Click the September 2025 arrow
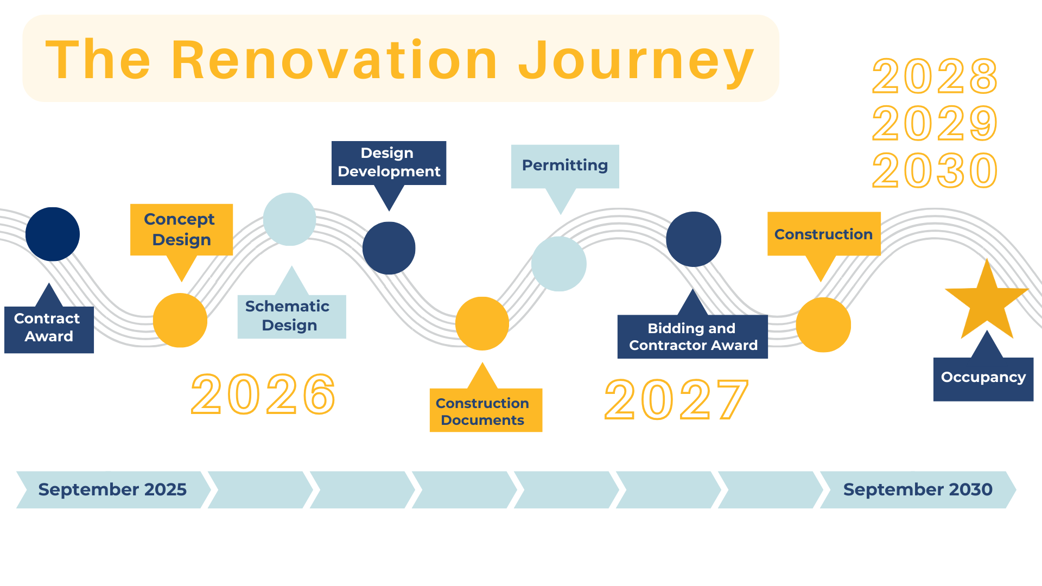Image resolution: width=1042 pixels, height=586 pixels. pyautogui.click(x=113, y=489)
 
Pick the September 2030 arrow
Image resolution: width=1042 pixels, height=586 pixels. pyautogui.click(x=918, y=489)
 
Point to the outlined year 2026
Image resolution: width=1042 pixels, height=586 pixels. pyautogui.click(x=264, y=394)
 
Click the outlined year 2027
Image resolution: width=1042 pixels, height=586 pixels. pyautogui.click(x=676, y=400)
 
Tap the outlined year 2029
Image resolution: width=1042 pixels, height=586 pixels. pyautogui.click(x=935, y=123)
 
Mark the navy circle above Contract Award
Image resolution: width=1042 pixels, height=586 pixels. pyautogui.click(x=53, y=234)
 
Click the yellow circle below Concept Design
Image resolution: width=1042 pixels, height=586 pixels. pyautogui.click(x=180, y=320)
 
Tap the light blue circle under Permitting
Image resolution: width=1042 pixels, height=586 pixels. pyautogui.click(x=559, y=264)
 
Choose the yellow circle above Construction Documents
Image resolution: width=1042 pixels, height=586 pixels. pyautogui.click(x=482, y=323)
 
